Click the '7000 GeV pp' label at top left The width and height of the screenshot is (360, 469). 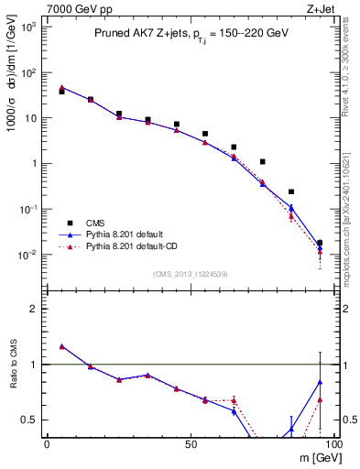[x=75, y=8]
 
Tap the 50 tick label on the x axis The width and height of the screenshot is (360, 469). [x=190, y=444]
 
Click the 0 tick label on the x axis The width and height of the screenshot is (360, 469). [x=47, y=444]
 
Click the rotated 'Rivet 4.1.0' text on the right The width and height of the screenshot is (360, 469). [x=348, y=82]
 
